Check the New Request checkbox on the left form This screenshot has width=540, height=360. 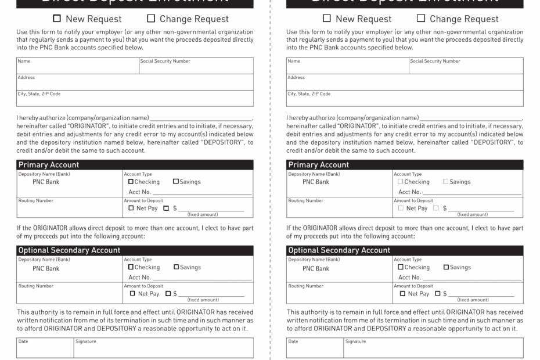57,19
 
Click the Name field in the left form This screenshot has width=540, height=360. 78,68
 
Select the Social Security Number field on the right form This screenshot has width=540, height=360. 466,68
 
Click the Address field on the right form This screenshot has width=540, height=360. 405,84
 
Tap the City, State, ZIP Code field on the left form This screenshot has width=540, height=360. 135,100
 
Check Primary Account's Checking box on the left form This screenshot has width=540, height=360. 131,182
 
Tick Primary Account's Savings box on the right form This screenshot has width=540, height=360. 446,182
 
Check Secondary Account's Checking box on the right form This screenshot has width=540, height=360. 401,267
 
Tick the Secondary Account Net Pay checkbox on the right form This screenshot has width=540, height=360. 402,293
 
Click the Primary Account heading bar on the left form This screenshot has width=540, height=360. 135,165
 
